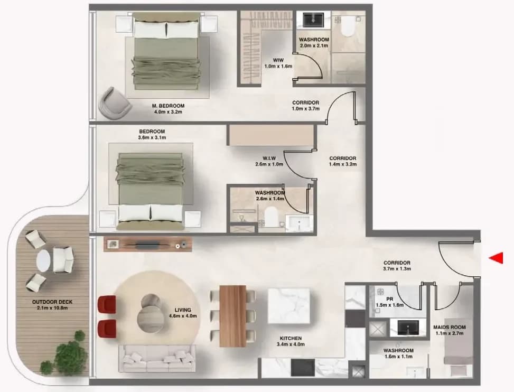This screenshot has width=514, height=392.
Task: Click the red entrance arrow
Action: tap(497, 258)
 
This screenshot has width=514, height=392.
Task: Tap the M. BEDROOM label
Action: tap(168, 106)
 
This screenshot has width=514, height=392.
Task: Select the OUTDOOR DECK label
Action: tap(52, 302)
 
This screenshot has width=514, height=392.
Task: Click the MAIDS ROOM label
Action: tap(450, 327)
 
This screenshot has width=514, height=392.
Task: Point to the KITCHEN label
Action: tap(291, 338)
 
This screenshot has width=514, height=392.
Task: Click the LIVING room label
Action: tap(183, 310)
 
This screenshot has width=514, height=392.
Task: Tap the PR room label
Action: tap(390, 299)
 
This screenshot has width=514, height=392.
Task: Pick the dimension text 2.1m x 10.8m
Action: tap(52, 308)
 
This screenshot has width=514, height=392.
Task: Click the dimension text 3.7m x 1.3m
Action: tap(397, 269)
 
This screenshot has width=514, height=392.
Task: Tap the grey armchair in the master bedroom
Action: tap(115, 103)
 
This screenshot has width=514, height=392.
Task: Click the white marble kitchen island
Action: tap(289, 306)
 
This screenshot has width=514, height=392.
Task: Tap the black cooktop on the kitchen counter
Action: tap(303, 367)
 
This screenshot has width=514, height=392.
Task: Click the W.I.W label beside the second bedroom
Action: tap(269, 158)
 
